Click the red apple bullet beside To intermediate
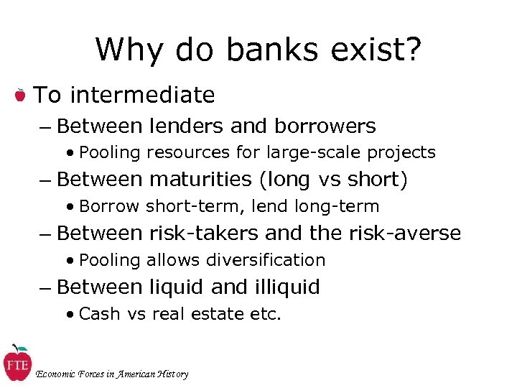[21, 95]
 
